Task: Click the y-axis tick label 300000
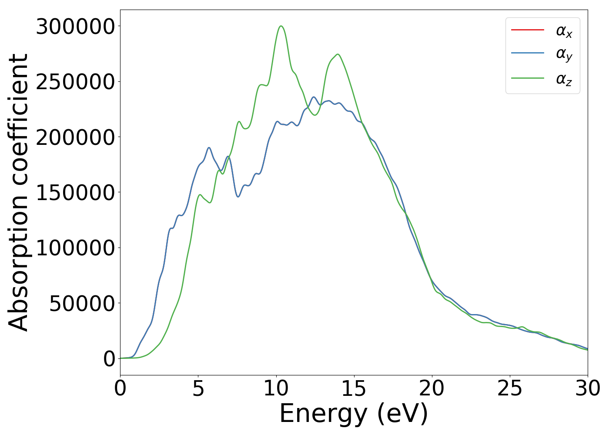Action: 75,27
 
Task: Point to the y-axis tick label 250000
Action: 75,82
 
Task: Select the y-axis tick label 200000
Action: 75,137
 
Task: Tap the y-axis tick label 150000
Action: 75,193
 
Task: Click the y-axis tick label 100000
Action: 75,248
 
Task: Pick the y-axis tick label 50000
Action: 82,304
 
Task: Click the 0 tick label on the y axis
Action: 109,359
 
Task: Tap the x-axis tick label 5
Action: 198,388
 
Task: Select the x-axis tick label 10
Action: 276,388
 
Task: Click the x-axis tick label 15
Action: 354,388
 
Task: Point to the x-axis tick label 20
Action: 432,388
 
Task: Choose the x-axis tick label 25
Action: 510,388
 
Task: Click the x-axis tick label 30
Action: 588,388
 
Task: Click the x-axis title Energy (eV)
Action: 354,413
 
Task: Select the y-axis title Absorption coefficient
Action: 19,193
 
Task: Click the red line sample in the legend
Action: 527,30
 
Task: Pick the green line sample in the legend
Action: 527,78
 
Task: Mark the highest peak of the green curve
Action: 281,26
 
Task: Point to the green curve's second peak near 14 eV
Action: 338,54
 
